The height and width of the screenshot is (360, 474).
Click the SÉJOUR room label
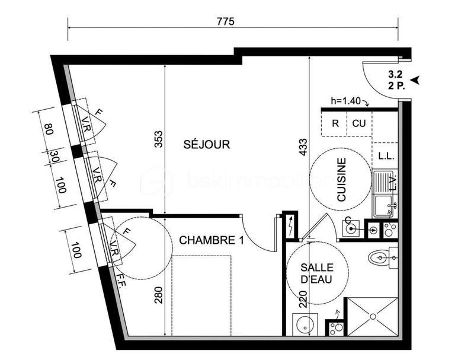[x=206, y=144]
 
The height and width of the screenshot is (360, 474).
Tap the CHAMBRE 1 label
[x=204, y=240]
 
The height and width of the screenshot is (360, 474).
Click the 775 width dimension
[x=226, y=21]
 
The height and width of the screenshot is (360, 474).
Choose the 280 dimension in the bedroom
[x=157, y=294]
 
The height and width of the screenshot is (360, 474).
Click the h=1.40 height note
[x=347, y=101]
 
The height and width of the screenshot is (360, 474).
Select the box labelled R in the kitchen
[x=335, y=124]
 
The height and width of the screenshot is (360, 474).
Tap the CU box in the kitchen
[x=359, y=124]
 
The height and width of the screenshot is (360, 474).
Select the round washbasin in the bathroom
[x=306, y=325]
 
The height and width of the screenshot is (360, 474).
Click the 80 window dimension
[x=47, y=129]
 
